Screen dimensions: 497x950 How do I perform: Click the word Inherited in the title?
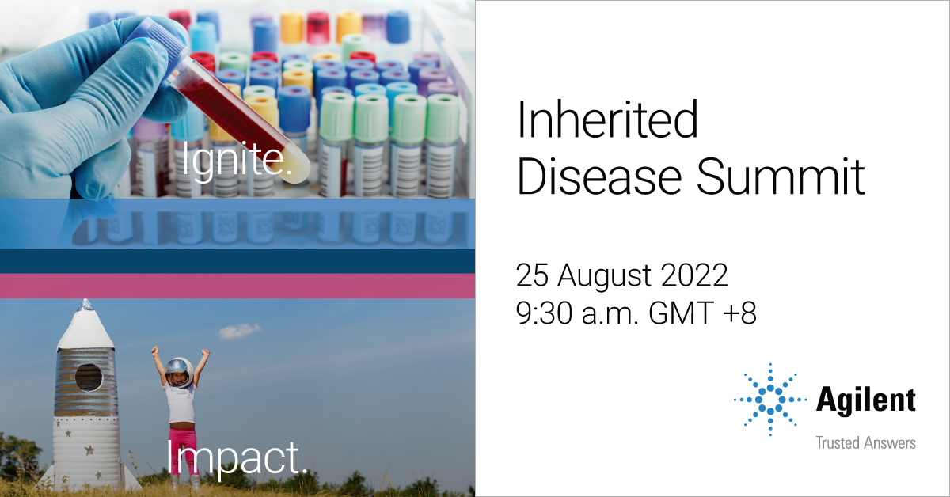tap(607, 122)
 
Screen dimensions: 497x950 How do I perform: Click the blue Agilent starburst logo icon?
tap(769, 400)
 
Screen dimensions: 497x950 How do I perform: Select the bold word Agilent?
tap(865, 400)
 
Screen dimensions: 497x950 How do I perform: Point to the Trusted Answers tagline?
tap(865, 442)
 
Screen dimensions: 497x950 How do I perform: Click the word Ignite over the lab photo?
tap(236, 161)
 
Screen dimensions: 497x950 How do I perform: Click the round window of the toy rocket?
tap(88, 377)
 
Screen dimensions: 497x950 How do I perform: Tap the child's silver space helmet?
tap(180, 370)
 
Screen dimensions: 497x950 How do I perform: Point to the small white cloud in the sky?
tap(238, 331)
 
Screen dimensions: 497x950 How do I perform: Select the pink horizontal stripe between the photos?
tap(237, 286)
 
